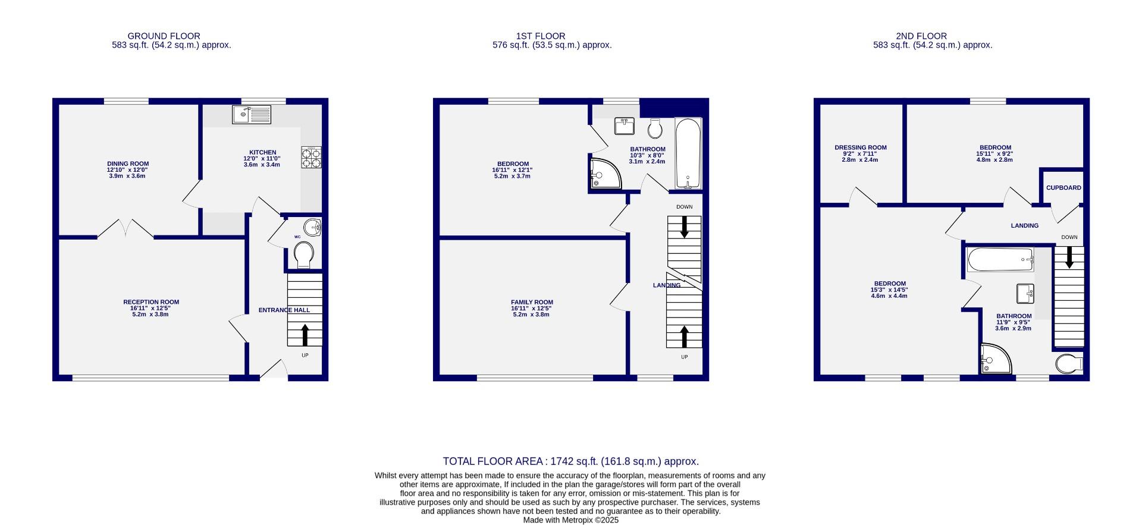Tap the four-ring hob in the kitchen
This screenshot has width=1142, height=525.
pyautogui.click(x=311, y=158)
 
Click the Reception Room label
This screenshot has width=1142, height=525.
pyautogui.click(x=151, y=302)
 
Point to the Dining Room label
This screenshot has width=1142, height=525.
pyautogui.click(x=128, y=164)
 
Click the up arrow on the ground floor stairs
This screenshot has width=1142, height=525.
pyautogui.click(x=305, y=335)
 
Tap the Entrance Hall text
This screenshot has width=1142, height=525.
pyautogui.click(x=284, y=310)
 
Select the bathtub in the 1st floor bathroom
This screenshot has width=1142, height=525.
pyautogui.click(x=688, y=153)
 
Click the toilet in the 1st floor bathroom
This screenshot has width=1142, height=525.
pyautogui.click(x=655, y=127)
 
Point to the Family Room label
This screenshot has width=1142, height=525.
pyautogui.click(x=532, y=302)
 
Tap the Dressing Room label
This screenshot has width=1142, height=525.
pyautogui.click(x=860, y=147)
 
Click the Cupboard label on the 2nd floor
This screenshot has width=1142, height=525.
pyautogui.click(x=1063, y=188)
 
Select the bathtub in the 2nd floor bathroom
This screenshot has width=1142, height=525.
pyautogui.click(x=1000, y=260)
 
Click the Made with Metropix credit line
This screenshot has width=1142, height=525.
pyautogui.click(x=570, y=520)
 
